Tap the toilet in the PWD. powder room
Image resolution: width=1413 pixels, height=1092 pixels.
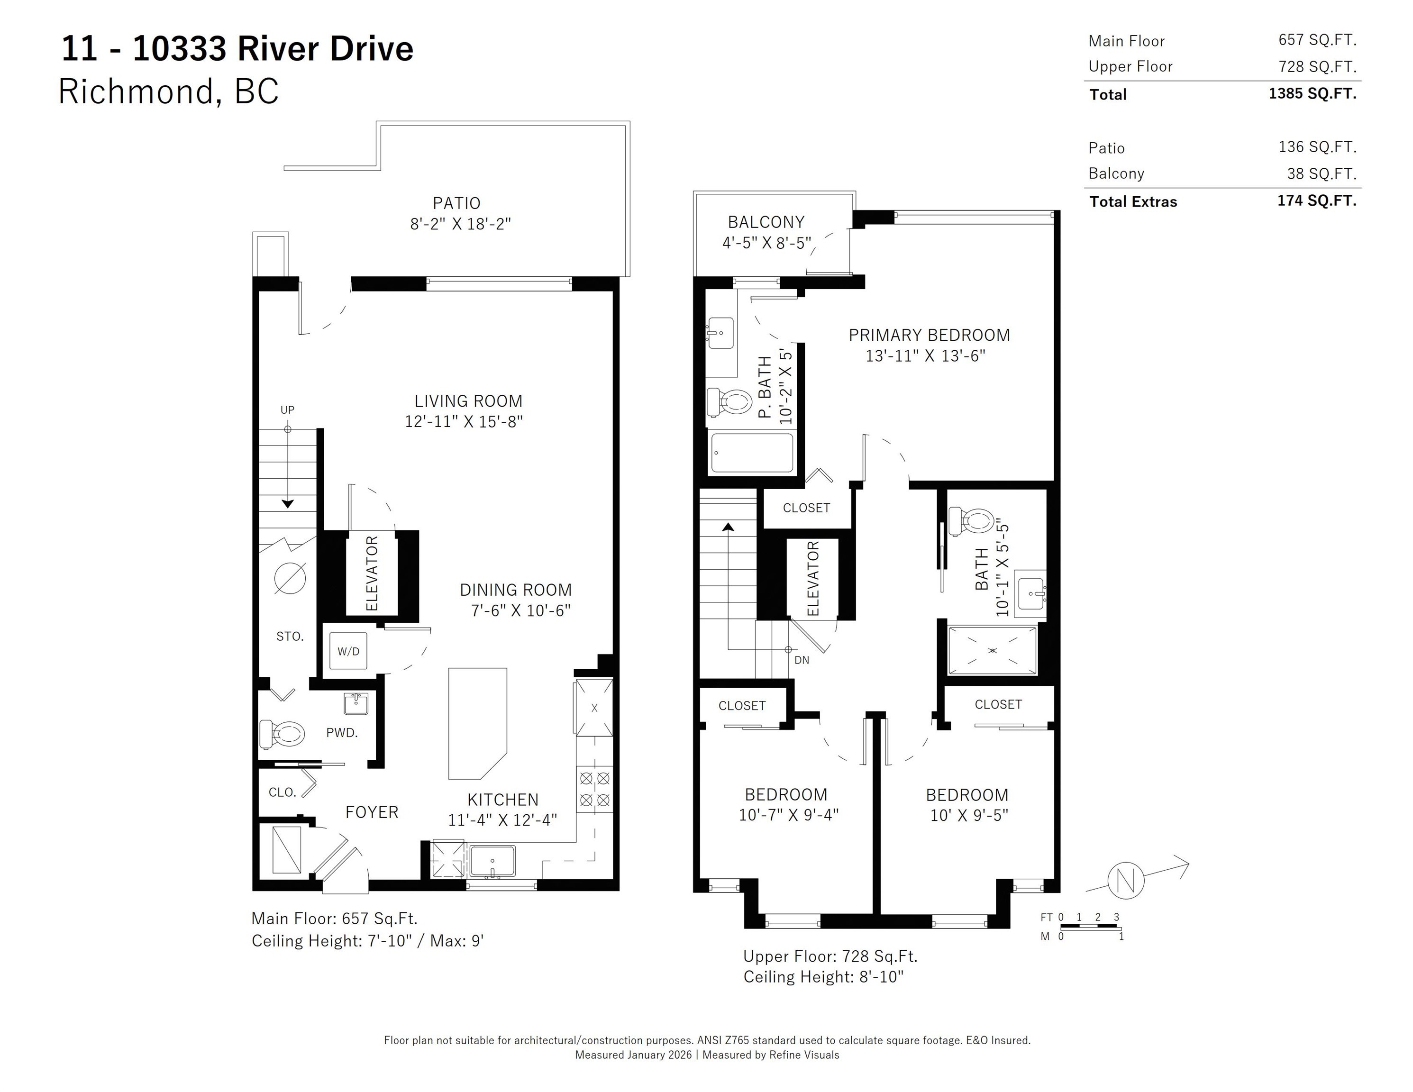(282, 734)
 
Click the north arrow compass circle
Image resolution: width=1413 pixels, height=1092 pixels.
(1126, 881)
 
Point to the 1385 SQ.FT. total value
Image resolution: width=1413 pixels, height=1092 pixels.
(1312, 94)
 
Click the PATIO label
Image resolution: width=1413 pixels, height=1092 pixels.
(457, 203)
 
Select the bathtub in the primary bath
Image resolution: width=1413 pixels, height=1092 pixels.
(752, 452)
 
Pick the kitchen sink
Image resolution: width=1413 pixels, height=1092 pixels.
(492, 861)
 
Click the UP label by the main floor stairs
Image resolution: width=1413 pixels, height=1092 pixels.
(287, 409)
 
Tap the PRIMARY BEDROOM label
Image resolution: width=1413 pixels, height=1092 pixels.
(929, 335)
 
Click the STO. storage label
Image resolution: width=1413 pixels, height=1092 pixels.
(290, 637)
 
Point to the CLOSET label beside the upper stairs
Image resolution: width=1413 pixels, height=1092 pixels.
(806, 508)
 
